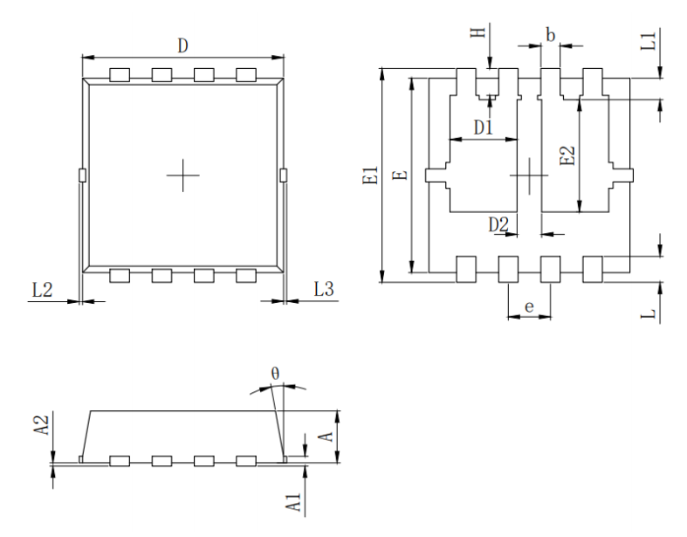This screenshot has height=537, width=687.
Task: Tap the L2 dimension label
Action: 41,290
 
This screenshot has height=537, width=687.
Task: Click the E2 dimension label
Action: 567,155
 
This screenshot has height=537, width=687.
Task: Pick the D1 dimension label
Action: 484,127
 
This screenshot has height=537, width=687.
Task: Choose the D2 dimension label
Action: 498,224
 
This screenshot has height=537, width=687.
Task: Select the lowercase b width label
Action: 549,35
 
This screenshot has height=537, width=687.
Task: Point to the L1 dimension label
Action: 647,40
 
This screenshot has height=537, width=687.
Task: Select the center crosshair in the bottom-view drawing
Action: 529,175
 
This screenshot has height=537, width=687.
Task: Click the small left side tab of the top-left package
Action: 82,176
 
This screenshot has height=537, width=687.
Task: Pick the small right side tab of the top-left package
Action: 283,176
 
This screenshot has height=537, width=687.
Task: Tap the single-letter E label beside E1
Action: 400,176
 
